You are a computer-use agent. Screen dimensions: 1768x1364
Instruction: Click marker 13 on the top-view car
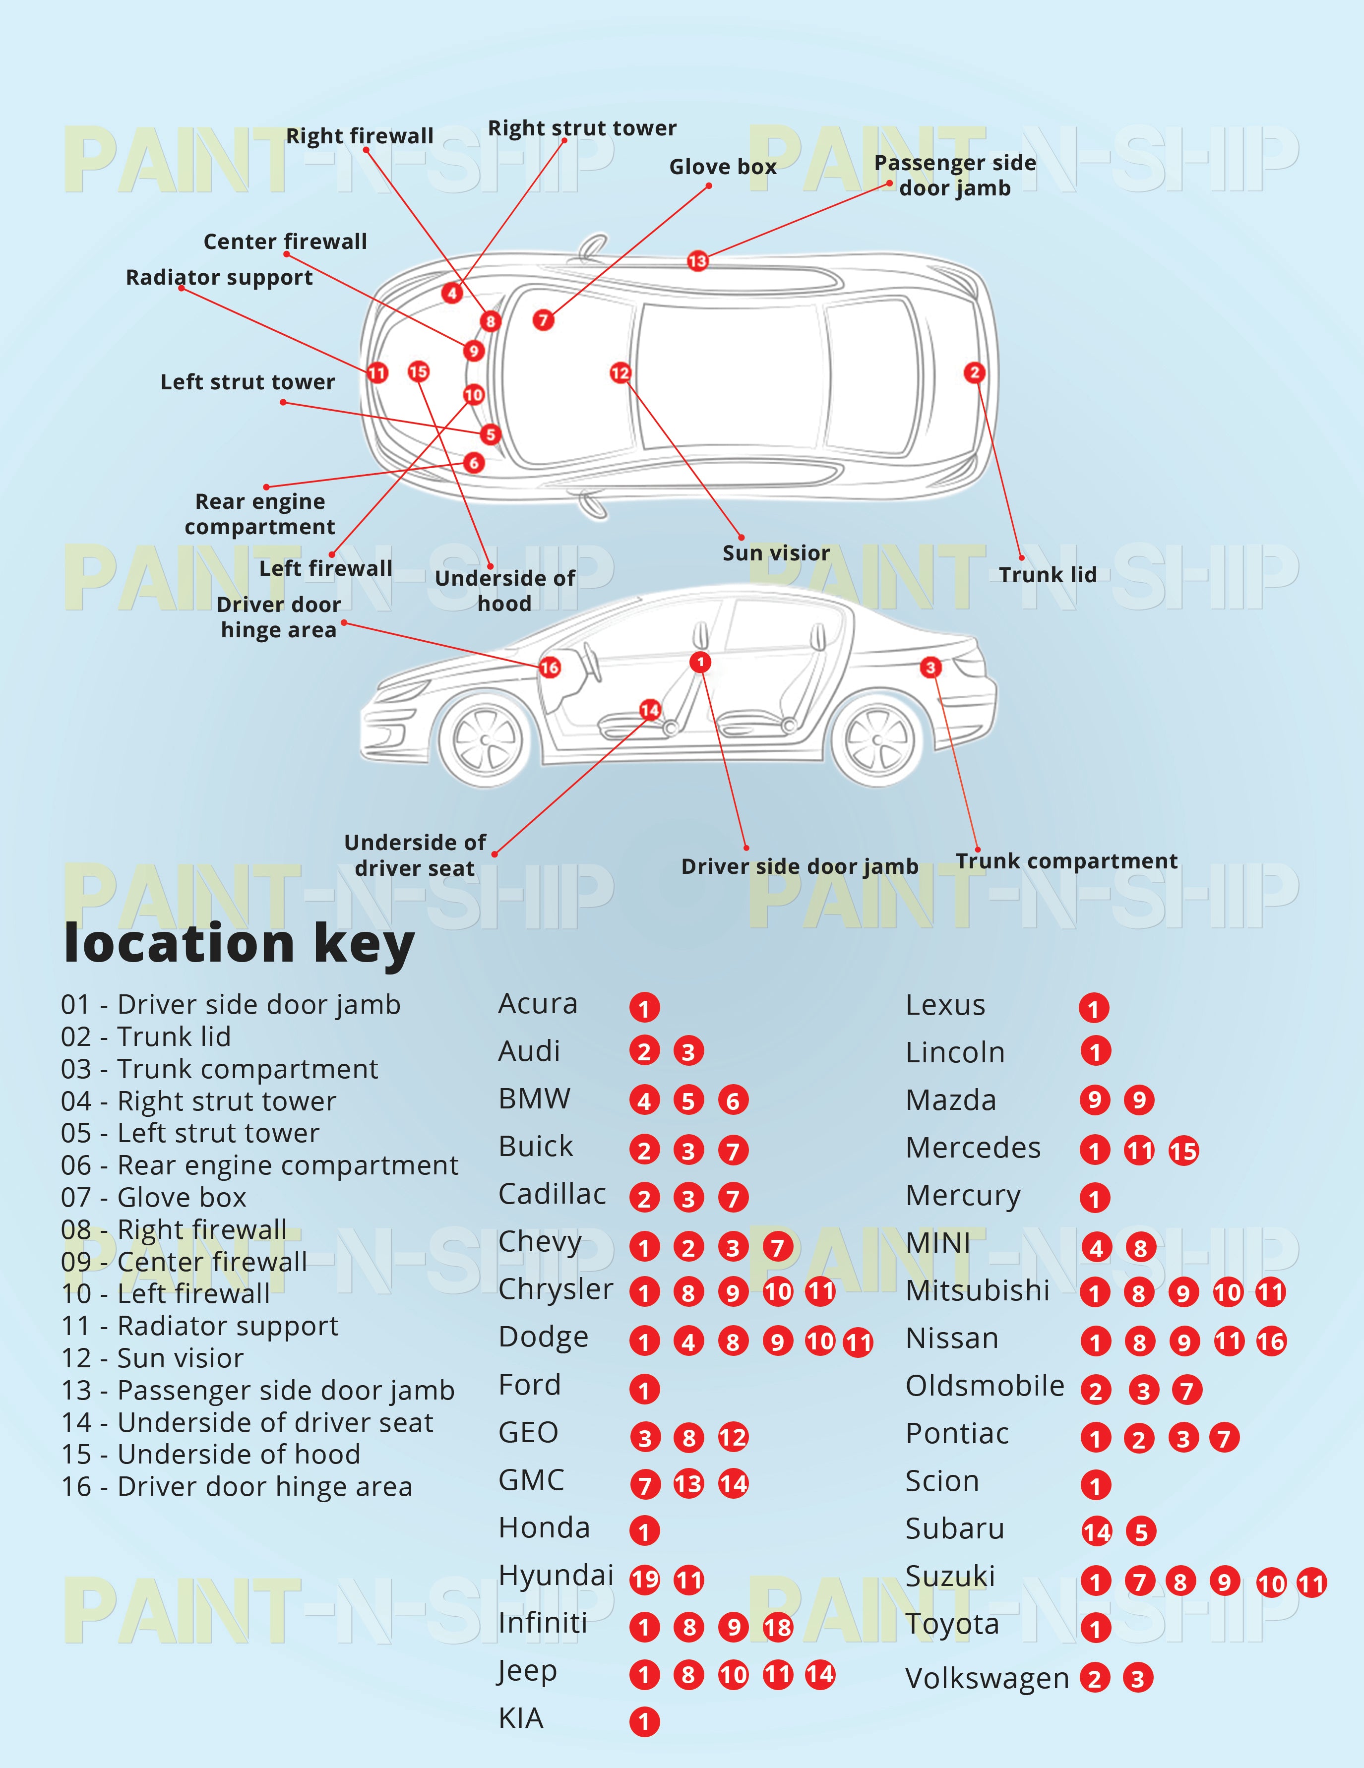coord(697,261)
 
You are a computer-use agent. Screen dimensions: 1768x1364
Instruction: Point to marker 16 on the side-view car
coord(550,667)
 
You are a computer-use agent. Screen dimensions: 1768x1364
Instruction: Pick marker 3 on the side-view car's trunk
coord(930,667)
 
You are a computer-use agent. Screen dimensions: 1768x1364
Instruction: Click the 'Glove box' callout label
coord(722,167)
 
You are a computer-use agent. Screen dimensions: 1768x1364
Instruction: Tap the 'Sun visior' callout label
coord(776,553)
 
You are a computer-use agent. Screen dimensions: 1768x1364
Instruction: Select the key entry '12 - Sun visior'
coord(152,1357)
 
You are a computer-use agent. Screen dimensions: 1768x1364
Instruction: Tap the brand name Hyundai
coord(556,1576)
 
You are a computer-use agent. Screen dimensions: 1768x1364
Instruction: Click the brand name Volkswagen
coord(987,1678)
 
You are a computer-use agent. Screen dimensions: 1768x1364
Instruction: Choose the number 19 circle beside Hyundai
coord(644,1580)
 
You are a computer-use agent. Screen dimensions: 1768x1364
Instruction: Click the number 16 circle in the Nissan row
coord(1271,1342)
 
